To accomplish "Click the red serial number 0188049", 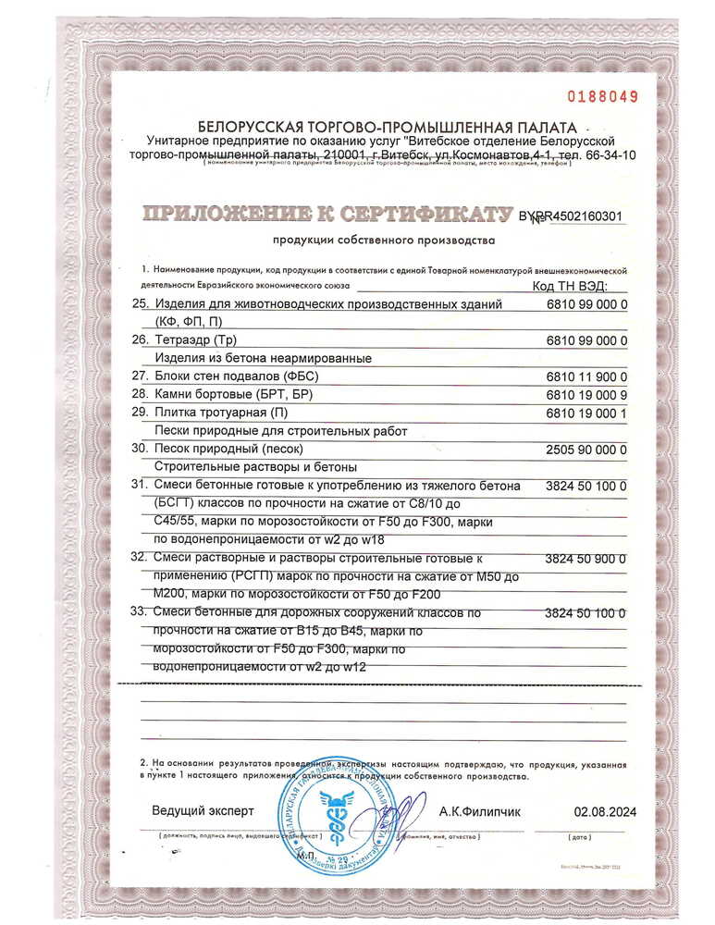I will [x=601, y=95].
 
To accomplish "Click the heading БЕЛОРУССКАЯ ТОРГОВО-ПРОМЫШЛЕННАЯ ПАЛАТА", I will [x=387, y=127].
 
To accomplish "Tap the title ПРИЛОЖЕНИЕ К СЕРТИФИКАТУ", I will [x=327, y=216].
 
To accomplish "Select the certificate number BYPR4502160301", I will [x=571, y=217].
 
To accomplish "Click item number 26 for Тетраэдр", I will [x=142, y=340].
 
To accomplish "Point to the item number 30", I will [x=142, y=449].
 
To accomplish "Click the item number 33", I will [x=142, y=613].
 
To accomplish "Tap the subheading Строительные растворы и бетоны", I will [x=255, y=467].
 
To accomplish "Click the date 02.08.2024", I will [x=605, y=811].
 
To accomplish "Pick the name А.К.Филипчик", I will [x=480, y=811].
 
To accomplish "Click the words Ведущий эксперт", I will [x=203, y=811].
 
